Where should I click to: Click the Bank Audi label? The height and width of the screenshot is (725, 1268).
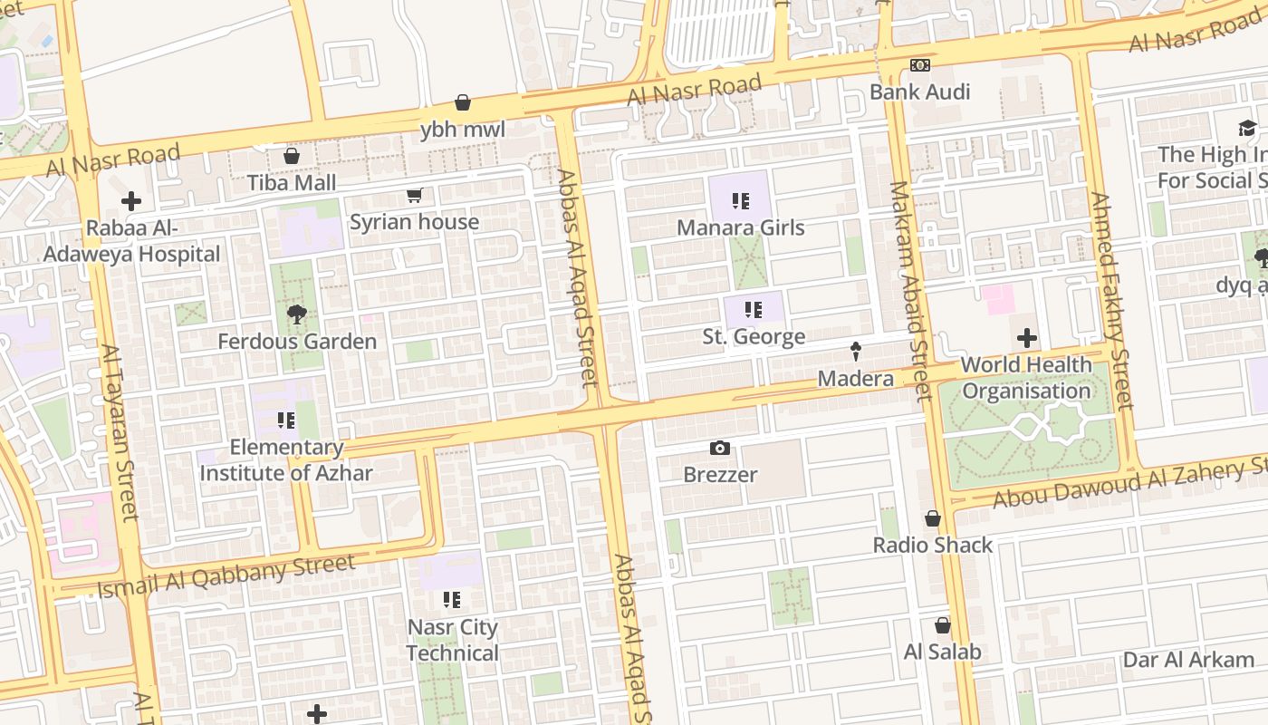click(x=919, y=92)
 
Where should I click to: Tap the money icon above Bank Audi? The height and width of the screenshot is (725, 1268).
click(x=919, y=65)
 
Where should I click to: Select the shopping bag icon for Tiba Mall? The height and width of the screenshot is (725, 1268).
click(x=292, y=156)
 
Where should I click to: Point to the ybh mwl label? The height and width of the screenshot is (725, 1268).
click(x=462, y=130)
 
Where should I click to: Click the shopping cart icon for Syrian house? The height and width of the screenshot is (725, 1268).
click(x=415, y=195)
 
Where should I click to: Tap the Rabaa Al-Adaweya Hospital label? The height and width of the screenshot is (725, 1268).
click(x=131, y=241)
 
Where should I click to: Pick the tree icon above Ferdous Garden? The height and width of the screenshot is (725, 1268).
click(x=296, y=314)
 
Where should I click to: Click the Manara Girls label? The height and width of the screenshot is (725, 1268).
click(x=741, y=227)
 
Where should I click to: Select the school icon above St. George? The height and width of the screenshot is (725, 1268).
click(x=754, y=310)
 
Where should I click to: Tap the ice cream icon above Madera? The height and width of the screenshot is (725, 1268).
click(x=855, y=352)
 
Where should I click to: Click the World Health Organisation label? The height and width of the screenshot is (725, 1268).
click(x=1026, y=378)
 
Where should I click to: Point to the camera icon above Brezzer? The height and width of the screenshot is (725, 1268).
click(x=720, y=448)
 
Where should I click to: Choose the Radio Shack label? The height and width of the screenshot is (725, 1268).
click(x=933, y=545)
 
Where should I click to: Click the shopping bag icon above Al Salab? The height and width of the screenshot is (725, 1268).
click(x=942, y=625)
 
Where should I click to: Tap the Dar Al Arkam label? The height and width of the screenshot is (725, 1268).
click(x=1188, y=660)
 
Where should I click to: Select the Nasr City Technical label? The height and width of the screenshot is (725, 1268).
click(x=452, y=640)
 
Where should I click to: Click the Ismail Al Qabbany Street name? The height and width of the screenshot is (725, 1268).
click(x=226, y=576)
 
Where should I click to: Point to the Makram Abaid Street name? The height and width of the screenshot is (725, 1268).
click(x=909, y=290)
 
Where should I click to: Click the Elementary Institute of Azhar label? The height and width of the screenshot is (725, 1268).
click(x=286, y=459)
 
